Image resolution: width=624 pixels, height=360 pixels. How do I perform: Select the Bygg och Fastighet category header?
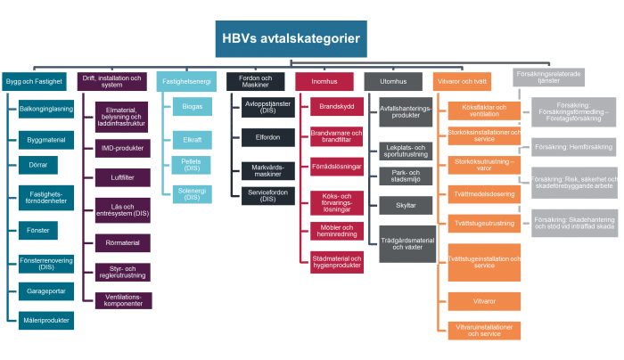(x=34, y=80)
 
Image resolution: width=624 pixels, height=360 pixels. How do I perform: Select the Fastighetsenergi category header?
(x=185, y=80)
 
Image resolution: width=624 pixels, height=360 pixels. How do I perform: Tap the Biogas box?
(x=192, y=108)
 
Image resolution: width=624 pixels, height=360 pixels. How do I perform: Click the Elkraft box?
(x=192, y=139)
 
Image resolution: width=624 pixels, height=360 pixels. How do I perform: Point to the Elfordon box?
(x=262, y=138)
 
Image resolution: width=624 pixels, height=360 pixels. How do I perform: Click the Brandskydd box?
(x=336, y=107)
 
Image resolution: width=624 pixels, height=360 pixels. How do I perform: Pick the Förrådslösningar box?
(x=336, y=167)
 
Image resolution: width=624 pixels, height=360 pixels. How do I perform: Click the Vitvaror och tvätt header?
(x=462, y=81)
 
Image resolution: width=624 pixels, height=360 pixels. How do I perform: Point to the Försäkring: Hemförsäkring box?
(x=571, y=145)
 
